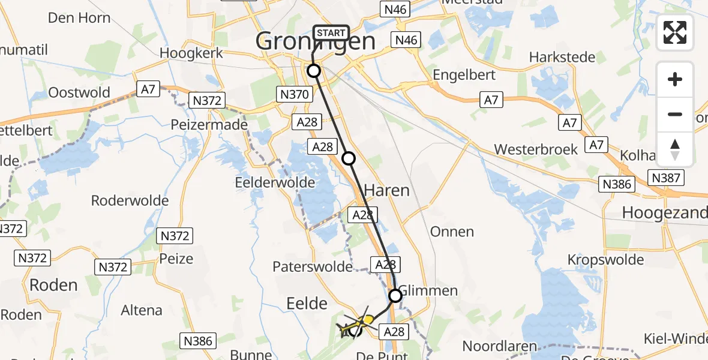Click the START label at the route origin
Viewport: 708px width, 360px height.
click(x=330, y=33)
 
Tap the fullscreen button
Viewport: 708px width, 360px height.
click(x=675, y=32)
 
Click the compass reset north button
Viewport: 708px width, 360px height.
click(x=675, y=149)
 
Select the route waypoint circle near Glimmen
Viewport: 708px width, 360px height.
click(x=395, y=295)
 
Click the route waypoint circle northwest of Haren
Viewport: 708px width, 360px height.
click(x=349, y=158)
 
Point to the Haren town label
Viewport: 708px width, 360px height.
click(x=386, y=191)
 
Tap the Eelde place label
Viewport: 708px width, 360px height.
click(x=307, y=303)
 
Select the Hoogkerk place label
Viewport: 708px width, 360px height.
click(x=191, y=53)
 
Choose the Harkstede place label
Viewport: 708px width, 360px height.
click(x=562, y=58)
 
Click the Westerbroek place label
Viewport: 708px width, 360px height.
click(x=536, y=149)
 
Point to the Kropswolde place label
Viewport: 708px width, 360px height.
click(x=606, y=260)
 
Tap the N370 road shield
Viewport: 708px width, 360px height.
click(x=294, y=94)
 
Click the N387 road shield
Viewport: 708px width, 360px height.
click(x=665, y=177)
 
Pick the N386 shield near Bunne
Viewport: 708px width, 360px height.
click(x=198, y=341)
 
